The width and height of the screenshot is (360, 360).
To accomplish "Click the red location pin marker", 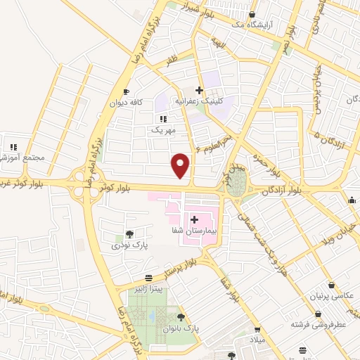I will click(x=181, y=165).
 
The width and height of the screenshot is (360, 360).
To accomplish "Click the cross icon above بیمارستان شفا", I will click(x=193, y=220).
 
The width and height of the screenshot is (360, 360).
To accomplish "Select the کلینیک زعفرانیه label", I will click(x=200, y=101).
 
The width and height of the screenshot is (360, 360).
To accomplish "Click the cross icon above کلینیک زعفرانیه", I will click(x=200, y=90).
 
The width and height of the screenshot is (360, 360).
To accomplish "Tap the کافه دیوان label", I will click(x=126, y=102).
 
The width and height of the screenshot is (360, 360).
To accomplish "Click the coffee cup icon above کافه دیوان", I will click(x=126, y=91).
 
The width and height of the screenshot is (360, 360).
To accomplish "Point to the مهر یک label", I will click(x=161, y=130).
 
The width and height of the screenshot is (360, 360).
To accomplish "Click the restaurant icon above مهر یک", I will click(x=163, y=120).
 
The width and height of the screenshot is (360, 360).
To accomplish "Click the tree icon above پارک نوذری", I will click(x=129, y=234).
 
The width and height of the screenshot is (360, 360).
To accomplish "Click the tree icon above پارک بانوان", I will click(x=181, y=318).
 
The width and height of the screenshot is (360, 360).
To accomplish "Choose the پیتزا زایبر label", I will click(x=149, y=288).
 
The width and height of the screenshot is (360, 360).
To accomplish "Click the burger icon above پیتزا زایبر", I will click(x=148, y=278).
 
